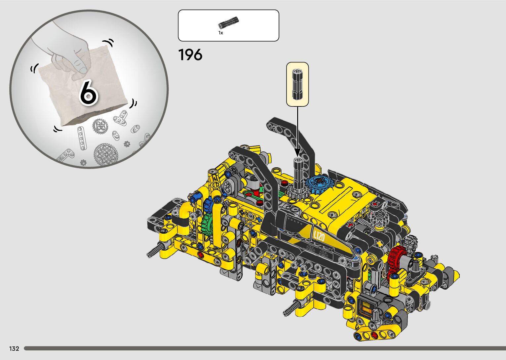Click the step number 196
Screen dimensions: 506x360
(x=190, y=55)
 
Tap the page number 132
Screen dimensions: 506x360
(x=14, y=348)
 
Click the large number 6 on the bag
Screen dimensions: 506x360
(x=89, y=93)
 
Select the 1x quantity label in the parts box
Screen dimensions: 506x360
(x=221, y=33)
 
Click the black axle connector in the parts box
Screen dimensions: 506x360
(x=228, y=22)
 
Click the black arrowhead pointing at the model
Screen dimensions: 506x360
(x=297, y=152)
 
